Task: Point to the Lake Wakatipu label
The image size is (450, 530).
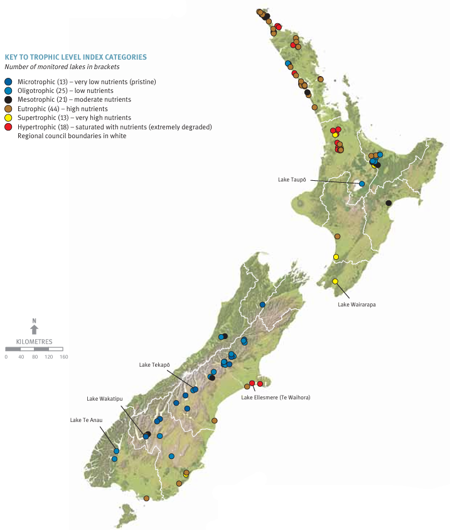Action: coord(104,398)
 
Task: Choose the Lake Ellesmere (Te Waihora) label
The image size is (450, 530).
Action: coord(277,397)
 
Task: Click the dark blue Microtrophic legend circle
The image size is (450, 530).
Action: coord(8,82)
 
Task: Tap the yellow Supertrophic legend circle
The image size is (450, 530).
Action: coord(8,117)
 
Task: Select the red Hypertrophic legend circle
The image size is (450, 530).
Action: coord(8,127)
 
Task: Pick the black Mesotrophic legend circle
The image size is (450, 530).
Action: coord(8,100)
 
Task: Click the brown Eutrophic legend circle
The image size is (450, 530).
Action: coord(8,109)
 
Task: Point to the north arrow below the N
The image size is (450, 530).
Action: coord(35,330)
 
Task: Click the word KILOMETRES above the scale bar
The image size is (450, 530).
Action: coord(35,342)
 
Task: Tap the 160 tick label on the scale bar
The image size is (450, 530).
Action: coord(63,357)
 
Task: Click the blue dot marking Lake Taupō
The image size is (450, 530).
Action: coord(362,184)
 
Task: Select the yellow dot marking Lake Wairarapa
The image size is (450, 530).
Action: coord(335,281)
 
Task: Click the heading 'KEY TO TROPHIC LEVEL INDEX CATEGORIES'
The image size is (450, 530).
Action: coord(75,57)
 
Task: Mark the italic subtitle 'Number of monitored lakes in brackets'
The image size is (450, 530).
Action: coord(62,67)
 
